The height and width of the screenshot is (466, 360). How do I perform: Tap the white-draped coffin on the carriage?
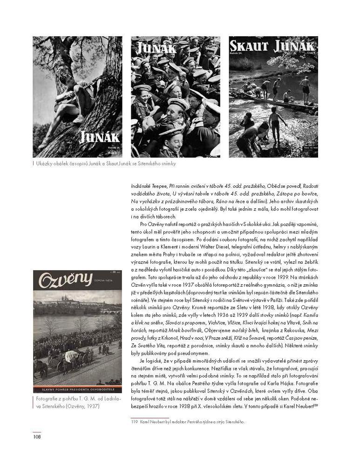[x=72, y=356]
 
